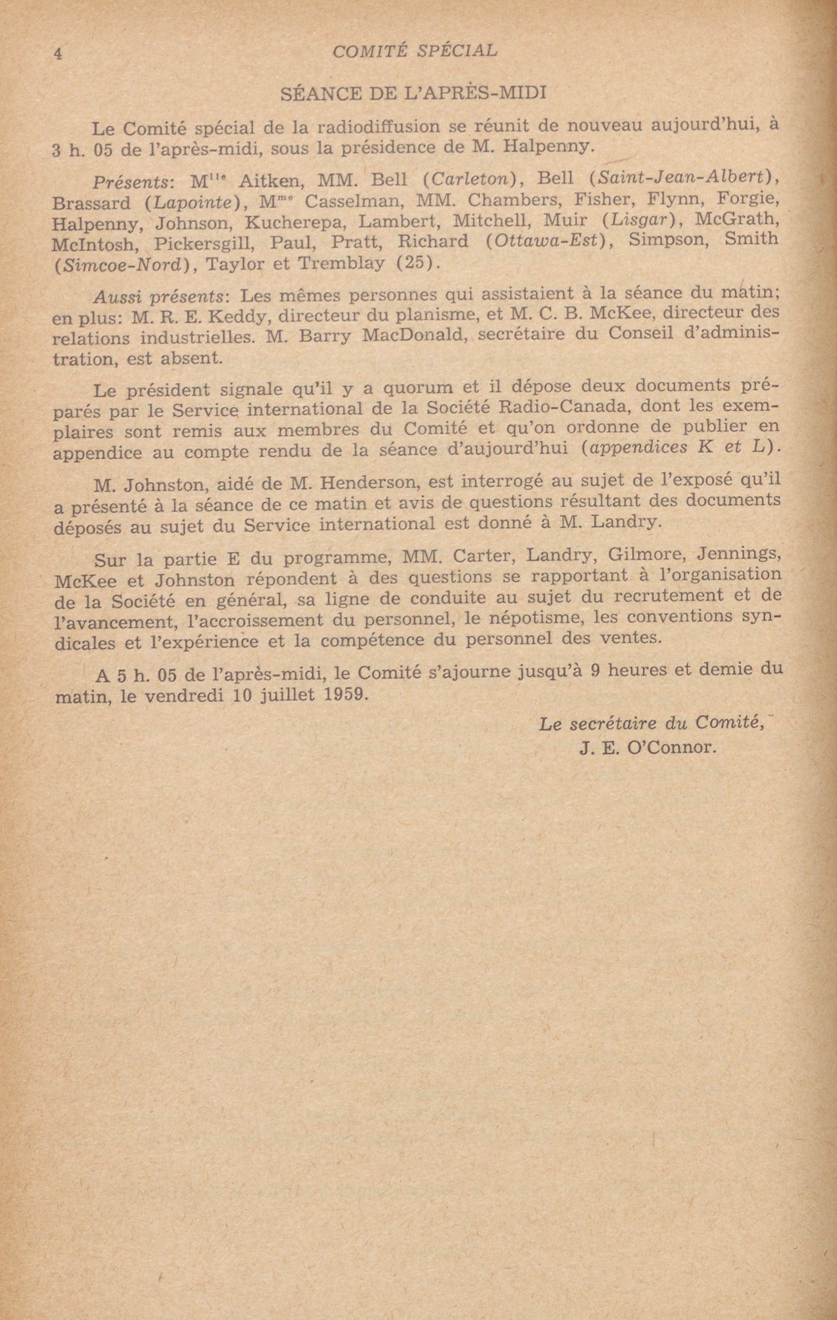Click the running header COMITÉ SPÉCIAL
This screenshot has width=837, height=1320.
415,51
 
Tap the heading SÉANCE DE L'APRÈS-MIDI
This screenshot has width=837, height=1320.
413,93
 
